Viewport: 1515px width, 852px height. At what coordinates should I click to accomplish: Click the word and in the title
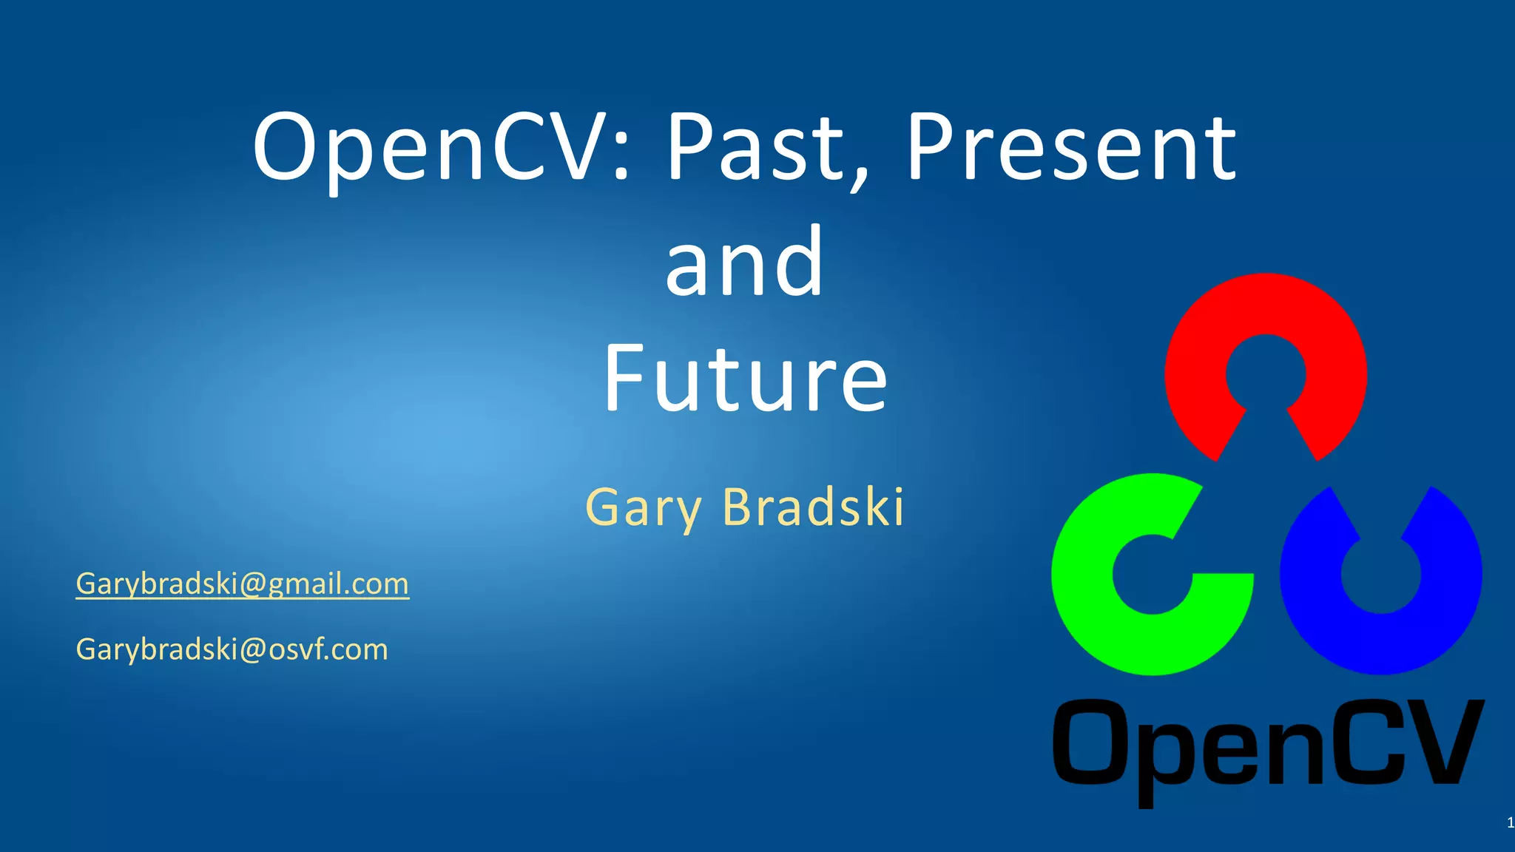[x=744, y=262]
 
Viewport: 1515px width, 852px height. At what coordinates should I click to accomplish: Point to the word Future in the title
[x=745, y=378]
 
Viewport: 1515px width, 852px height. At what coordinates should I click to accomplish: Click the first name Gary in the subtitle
[x=643, y=508]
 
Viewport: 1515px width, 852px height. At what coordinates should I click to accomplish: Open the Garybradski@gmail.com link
[x=242, y=584]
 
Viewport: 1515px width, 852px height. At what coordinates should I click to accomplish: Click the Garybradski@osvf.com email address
[x=232, y=649]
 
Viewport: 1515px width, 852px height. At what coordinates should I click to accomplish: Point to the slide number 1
[x=1510, y=822]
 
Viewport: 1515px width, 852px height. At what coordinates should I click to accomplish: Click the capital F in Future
[x=623, y=378]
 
